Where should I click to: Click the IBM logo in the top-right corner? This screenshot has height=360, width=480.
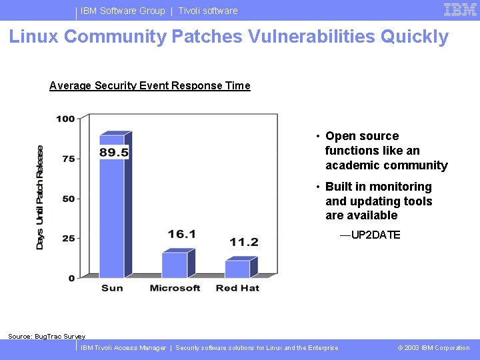(x=460, y=9)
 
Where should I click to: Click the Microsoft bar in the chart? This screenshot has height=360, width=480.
(x=175, y=265)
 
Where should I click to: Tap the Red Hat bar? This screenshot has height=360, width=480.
(x=237, y=269)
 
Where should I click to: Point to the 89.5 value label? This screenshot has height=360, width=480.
(x=114, y=153)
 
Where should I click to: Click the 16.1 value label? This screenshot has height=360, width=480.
(x=181, y=234)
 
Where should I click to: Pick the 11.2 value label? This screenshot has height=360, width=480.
(x=244, y=242)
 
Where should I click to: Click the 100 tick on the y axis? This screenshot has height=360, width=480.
(x=65, y=119)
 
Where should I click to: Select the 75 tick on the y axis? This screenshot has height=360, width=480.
(x=68, y=159)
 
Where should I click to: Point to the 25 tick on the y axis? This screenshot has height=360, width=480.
(x=68, y=238)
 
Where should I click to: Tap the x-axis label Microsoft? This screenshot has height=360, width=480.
(x=175, y=288)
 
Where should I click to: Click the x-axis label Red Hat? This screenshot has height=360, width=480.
(x=237, y=288)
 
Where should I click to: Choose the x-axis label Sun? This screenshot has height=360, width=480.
(x=112, y=288)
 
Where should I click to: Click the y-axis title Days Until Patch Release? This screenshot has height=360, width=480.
(x=40, y=198)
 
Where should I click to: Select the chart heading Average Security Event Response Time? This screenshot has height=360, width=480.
(x=150, y=85)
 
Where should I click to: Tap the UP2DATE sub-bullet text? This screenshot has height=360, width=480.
(x=370, y=235)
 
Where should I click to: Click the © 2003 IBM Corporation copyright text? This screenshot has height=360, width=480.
(x=433, y=348)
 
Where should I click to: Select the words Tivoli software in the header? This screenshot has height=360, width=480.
(x=207, y=11)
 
